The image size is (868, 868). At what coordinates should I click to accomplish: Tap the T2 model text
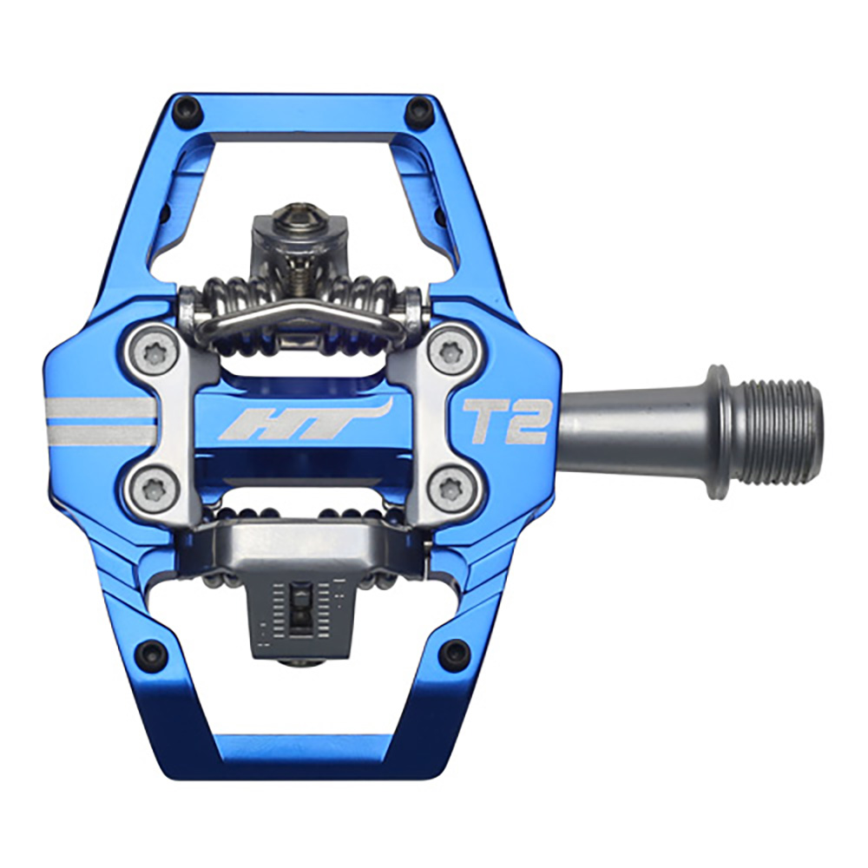coord(503,420)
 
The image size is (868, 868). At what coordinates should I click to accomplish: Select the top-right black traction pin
coord(418,110)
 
